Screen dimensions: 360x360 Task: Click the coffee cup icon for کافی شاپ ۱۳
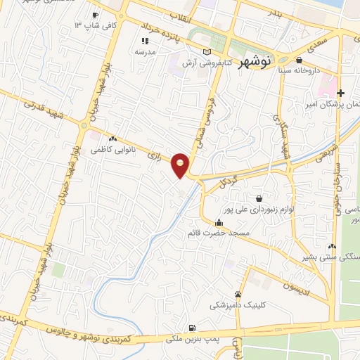click(95, 15)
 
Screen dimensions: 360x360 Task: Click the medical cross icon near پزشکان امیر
click(341, 93)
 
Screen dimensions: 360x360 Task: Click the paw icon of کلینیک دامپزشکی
click(238, 294)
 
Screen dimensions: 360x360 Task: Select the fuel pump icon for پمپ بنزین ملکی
click(192, 328)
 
